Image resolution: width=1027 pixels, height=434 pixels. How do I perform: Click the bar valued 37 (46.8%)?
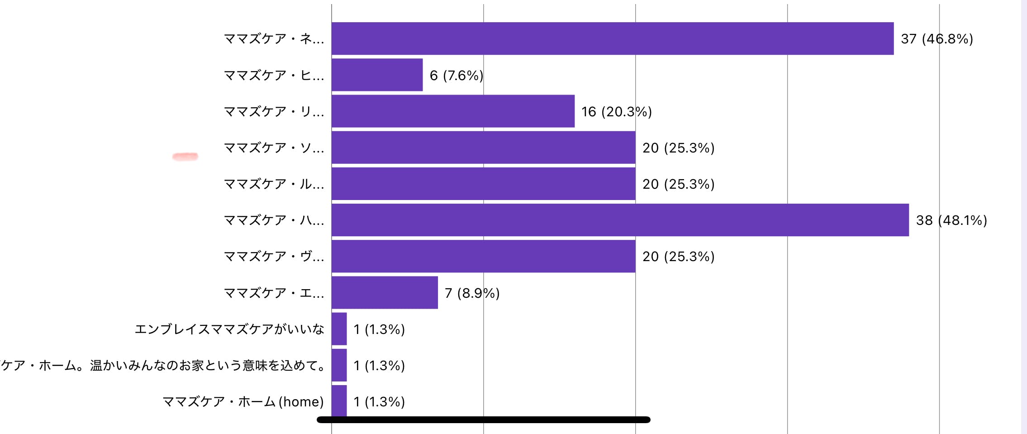pyautogui.click(x=612, y=38)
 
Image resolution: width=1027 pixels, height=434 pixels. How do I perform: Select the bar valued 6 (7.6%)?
pyautogui.click(x=377, y=75)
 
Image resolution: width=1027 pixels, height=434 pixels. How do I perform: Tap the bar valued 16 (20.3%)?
pyautogui.click(x=453, y=111)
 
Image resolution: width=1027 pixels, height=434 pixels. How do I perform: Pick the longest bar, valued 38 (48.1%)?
pyautogui.click(x=620, y=220)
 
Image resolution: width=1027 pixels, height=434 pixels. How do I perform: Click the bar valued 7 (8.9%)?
pyautogui.click(x=385, y=292)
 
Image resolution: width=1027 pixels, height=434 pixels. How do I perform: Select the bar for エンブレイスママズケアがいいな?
pyautogui.click(x=339, y=329)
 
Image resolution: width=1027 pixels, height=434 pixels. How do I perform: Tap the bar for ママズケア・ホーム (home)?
pyautogui.click(x=339, y=401)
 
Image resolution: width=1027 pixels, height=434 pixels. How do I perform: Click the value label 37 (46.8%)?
pyautogui.click(x=937, y=39)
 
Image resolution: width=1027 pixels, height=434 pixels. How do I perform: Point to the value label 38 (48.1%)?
pyautogui.click(x=951, y=220)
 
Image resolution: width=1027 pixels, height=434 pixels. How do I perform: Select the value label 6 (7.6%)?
pyautogui.click(x=456, y=75)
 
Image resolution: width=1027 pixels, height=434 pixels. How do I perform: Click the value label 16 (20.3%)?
pyautogui.click(x=616, y=111)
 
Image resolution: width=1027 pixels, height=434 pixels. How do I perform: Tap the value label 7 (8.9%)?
pyautogui.click(x=472, y=293)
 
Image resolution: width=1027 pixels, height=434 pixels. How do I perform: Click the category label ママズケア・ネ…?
pyautogui.click(x=274, y=39)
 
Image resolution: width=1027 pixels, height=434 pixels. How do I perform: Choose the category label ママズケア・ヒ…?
pyautogui.click(x=274, y=75)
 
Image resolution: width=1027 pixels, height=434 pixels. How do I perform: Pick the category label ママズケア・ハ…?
pyautogui.click(x=274, y=220)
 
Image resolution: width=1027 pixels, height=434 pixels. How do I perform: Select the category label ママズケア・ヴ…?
pyautogui.click(x=274, y=257)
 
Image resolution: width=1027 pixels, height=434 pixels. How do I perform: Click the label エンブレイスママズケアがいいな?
pyautogui.click(x=229, y=329)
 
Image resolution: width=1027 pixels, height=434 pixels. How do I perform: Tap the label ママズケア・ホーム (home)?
pyautogui.click(x=243, y=401)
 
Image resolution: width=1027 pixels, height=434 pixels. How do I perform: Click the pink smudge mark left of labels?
pyautogui.click(x=185, y=157)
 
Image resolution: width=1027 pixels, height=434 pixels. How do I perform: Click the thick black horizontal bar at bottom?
pyautogui.click(x=483, y=420)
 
